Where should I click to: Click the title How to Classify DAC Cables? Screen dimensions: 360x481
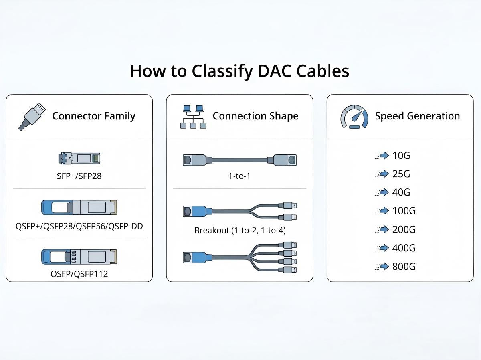tap(240, 71)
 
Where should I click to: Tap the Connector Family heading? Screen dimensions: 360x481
tap(94, 116)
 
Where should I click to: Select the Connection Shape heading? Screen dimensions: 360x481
tap(255, 116)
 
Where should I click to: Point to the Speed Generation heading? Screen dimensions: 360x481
tap(417, 116)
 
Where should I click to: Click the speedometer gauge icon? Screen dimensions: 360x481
tap(354, 117)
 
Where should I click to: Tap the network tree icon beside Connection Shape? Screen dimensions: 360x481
tap(193, 117)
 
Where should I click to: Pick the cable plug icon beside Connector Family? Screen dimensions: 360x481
tap(32, 117)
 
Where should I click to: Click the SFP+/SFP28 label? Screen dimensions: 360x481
tap(79, 176)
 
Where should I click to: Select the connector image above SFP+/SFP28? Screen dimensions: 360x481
tap(79, 158)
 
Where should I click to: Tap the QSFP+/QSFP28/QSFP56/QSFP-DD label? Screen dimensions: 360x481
tap(79, 226)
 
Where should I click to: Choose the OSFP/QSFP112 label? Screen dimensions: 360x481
tap(79, 274)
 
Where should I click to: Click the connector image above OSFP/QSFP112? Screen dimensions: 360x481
tap(79, 257)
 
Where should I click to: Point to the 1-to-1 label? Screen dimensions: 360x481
tap(239, 176)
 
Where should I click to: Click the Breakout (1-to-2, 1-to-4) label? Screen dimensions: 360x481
tap(240, 231)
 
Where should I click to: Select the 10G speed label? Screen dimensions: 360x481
tap(401, 156)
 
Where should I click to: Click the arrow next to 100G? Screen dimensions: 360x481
tap(384, 211)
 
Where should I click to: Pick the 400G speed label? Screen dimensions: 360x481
tap(404, 248)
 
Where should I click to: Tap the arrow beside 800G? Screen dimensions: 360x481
tap(384, 267)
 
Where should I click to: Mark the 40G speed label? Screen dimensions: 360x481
tap(401, 192)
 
